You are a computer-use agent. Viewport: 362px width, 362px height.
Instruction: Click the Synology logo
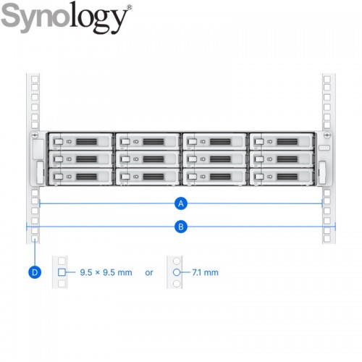click(x=67, y=17)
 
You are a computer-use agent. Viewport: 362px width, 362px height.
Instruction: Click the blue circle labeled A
click(x=181, y=203)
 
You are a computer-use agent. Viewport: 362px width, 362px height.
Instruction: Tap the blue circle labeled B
click(x=181, y=227)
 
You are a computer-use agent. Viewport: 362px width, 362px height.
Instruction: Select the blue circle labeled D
click(x=35, y=272)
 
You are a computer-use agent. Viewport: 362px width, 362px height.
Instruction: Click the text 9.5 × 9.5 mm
click(x=106, y=272)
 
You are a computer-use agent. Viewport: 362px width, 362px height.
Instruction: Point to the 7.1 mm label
click(x=205, y=272)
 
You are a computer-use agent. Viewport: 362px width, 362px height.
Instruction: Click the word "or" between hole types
click(x=149, y=273)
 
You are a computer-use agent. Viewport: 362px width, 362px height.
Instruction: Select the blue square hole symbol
click(x=62, y=272)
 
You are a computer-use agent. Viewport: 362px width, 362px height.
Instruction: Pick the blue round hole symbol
click(x=177, y=272)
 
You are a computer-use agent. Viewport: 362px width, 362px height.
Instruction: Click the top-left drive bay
click(x=80, y=141)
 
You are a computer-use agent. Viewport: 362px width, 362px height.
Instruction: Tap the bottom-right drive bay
click(x=282, y=177)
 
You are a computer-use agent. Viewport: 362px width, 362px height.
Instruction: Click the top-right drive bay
click(x=282, y=141)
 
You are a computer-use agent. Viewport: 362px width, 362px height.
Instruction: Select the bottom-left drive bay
click(x=80, y=177)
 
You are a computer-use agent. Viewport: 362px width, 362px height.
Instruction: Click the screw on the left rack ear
click(x=35, y=135)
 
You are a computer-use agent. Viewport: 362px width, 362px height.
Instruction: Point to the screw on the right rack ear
click(x=327, y=135)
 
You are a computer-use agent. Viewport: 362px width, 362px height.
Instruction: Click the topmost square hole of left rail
click(x=35, y=79)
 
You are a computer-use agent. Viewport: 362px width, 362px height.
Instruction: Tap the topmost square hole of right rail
click(x=327, y=79)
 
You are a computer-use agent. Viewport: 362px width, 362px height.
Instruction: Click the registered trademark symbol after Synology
click(x=130, y=7)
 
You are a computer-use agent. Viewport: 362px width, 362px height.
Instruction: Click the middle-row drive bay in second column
click(x=148, y=159)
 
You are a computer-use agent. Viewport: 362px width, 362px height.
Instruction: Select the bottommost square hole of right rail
click(x=327, y=239)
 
